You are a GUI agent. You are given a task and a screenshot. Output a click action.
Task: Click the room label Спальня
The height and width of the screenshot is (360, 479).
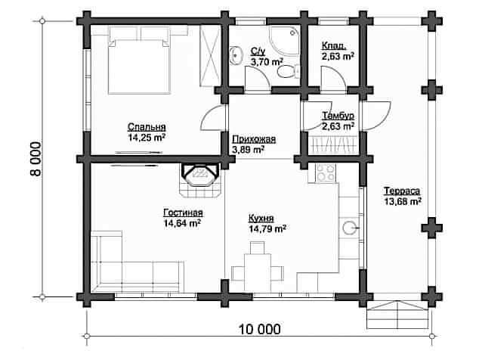[x=147, y=126]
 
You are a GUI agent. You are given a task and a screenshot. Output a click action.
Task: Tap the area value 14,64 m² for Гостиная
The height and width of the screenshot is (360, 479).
[x=182, y=223]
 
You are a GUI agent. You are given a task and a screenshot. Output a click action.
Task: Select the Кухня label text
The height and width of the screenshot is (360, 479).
[x=261, y=218]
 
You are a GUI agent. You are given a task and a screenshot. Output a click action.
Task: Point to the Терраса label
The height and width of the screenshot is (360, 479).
[x=402, y=191]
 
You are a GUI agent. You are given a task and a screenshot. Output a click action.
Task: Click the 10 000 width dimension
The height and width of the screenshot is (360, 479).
[x=259, y=330]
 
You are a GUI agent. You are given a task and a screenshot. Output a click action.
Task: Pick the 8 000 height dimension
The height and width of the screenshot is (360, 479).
[x=36, y=159]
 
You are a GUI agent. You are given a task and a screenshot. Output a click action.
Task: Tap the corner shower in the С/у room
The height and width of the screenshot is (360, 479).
[x=285, y=41]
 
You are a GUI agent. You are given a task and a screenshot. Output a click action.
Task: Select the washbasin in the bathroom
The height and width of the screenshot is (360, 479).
[x=235, y=55]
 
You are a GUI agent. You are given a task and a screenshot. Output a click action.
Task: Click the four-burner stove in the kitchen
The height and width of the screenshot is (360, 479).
[x=326, y=172]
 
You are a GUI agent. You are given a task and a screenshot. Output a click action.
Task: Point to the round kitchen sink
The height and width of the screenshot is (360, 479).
[x=349, y=228]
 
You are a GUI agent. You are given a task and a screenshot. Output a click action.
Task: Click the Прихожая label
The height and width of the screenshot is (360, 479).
[x=254, y=139]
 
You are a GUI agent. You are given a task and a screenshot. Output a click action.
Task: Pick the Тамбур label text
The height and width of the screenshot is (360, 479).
[x=338, y=116]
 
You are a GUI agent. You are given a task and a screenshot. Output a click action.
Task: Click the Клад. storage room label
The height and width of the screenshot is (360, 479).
[x=334, y=46]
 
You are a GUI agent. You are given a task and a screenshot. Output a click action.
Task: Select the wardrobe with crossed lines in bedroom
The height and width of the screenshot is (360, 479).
[x=209, y=56]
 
